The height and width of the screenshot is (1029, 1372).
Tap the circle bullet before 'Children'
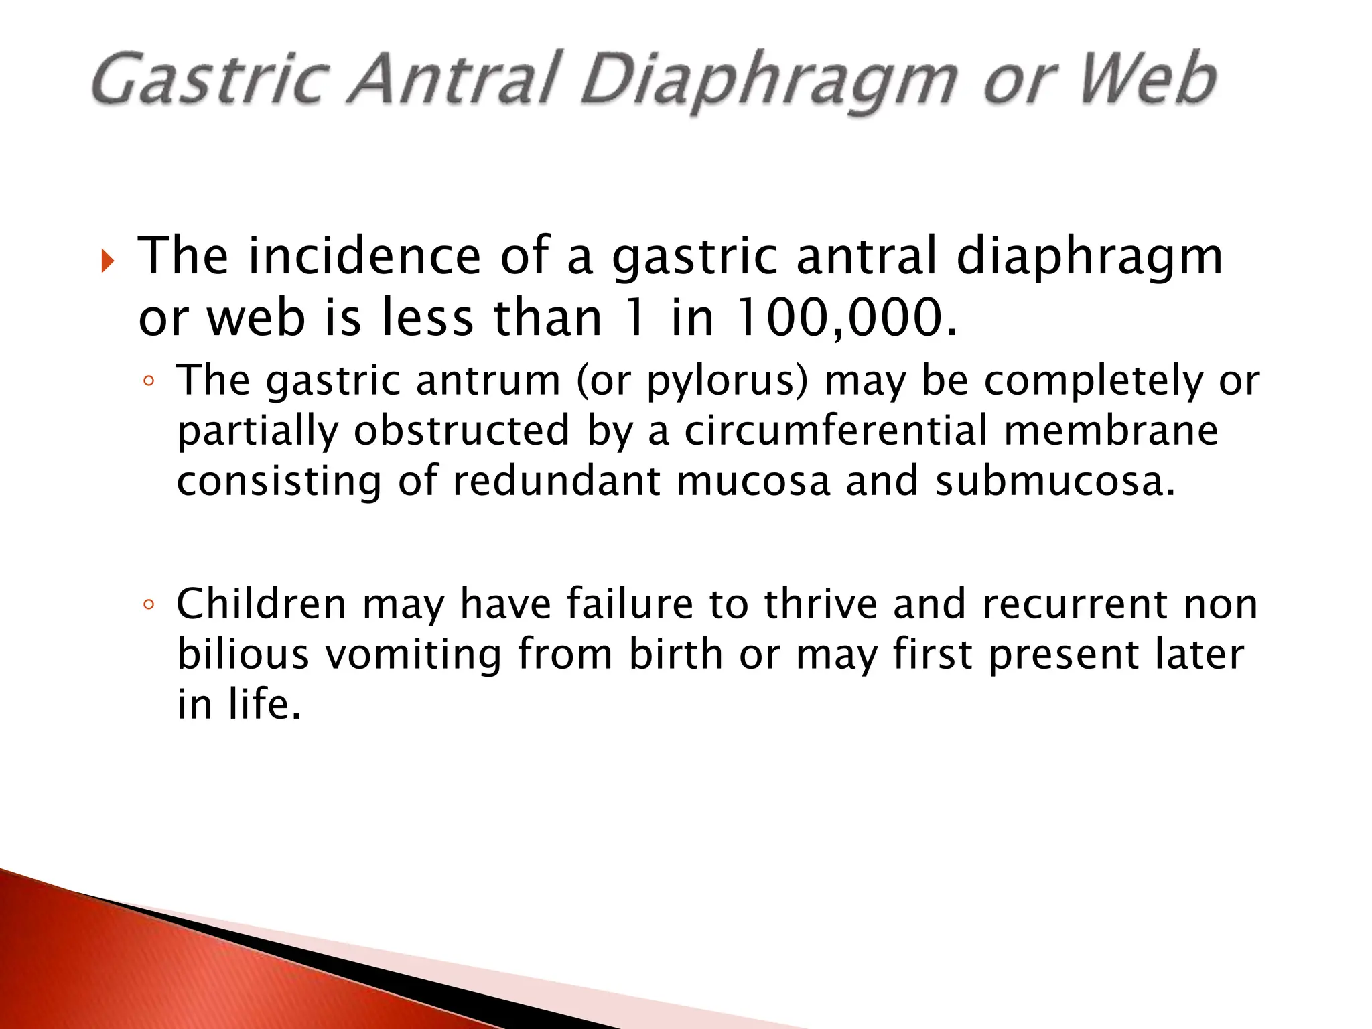tap(149, 605)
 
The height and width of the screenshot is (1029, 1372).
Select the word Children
tap(261, 604)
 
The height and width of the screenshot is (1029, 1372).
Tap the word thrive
tap(821, 604)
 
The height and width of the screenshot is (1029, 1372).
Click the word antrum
tap(488, 381)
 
